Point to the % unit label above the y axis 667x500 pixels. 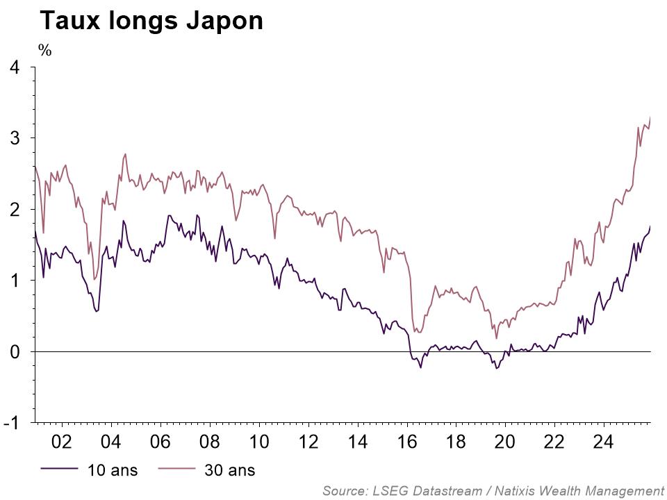(x=45, y=50)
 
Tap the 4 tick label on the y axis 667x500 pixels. (x=15, y=67)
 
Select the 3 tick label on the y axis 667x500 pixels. (x=15, y=138)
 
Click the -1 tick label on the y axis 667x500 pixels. (x=12, y=423)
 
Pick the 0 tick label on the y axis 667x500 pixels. (x=15, y=352)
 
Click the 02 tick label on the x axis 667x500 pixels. (x=62, y=441)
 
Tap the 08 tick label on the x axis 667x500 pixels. (x=209, y=441)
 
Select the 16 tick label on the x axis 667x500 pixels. (x=406, y=441)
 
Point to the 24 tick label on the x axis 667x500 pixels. (x=602, y=441)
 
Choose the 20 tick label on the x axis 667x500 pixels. (x=504, y=441)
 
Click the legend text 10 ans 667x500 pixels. (x=113, y=470)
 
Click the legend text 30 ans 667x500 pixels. (x=230, y=470)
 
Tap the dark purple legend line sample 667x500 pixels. (x=58, y=470)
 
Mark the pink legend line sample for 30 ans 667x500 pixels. (x=176, y=470)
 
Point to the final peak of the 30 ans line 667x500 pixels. (x=650, y=117)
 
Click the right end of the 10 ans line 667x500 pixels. (x=650, y=226)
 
